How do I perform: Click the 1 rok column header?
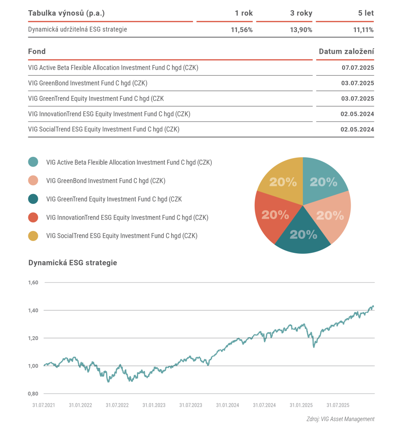point(244,13)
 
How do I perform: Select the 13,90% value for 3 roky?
point(301,30)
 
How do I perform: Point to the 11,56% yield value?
point(242,30)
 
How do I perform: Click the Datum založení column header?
point(346,52)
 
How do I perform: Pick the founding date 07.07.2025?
point(358,68)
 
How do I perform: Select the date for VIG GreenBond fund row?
point(358,83)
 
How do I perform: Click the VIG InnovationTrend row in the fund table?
point(109,114)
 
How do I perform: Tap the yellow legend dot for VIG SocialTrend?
point(33,236)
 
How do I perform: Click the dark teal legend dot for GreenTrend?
point(33,199)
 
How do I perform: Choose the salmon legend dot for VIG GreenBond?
point(33,181)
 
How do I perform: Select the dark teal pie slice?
point(303,235)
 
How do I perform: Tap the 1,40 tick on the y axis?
point(33,310)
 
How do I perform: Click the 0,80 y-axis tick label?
point(33,394)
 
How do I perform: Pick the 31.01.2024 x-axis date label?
point(227,405)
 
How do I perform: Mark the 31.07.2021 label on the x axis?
point(44,405)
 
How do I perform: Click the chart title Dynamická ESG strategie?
point(72,263)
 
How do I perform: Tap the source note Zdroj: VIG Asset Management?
point(340,419)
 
